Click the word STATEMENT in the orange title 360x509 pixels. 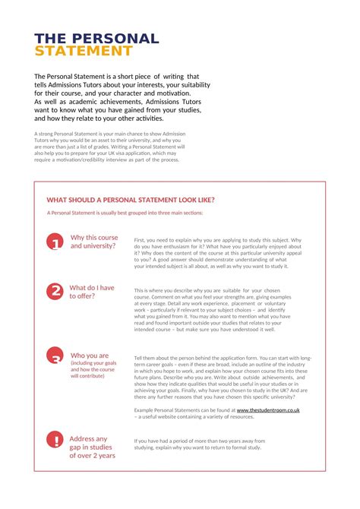tap(84, 52)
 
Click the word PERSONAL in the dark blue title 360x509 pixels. tap(118, 39)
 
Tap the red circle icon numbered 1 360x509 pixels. tap(55, 242)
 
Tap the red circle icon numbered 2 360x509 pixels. tap(55, 292)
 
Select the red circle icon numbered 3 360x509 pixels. tap(55, 357)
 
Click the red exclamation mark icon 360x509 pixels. tap(55, 440)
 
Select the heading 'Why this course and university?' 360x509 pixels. tap(94, 242)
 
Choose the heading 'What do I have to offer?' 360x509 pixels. tap(92, 292)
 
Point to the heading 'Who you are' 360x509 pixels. tap(89, 356)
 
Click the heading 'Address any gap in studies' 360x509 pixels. tap(92, 447)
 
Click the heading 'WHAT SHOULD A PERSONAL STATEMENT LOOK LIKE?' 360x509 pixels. tap(130, 200)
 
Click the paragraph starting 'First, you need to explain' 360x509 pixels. tap(218, 253)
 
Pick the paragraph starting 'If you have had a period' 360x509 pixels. tap(200, 444)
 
